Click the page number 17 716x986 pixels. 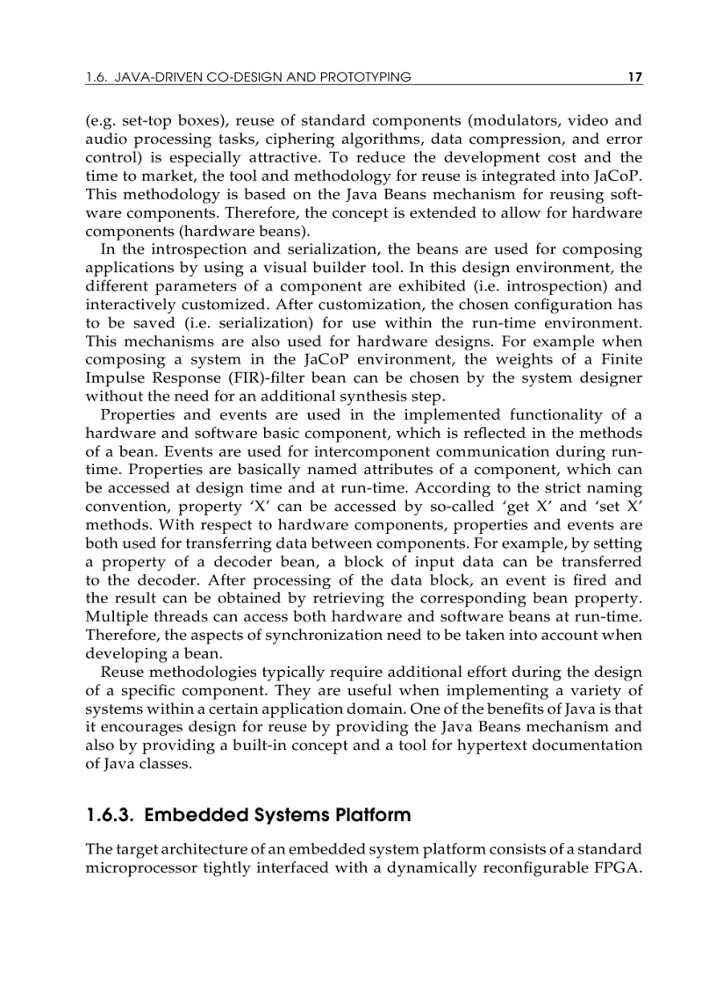635,77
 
